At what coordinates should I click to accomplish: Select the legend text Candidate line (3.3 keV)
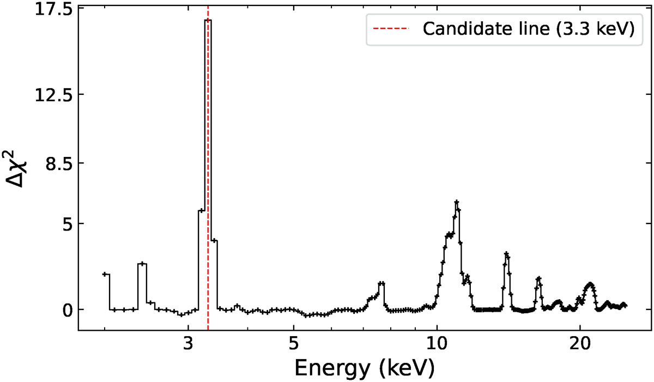click(528, 29)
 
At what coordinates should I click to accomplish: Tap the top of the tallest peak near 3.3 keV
click(208, 20)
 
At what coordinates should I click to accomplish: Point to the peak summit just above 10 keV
click(456, 202)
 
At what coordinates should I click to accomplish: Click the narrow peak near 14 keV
click(506, 253)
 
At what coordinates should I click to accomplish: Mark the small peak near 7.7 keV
click(381, 283)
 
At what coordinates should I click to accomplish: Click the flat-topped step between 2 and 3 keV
click(142, 264)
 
